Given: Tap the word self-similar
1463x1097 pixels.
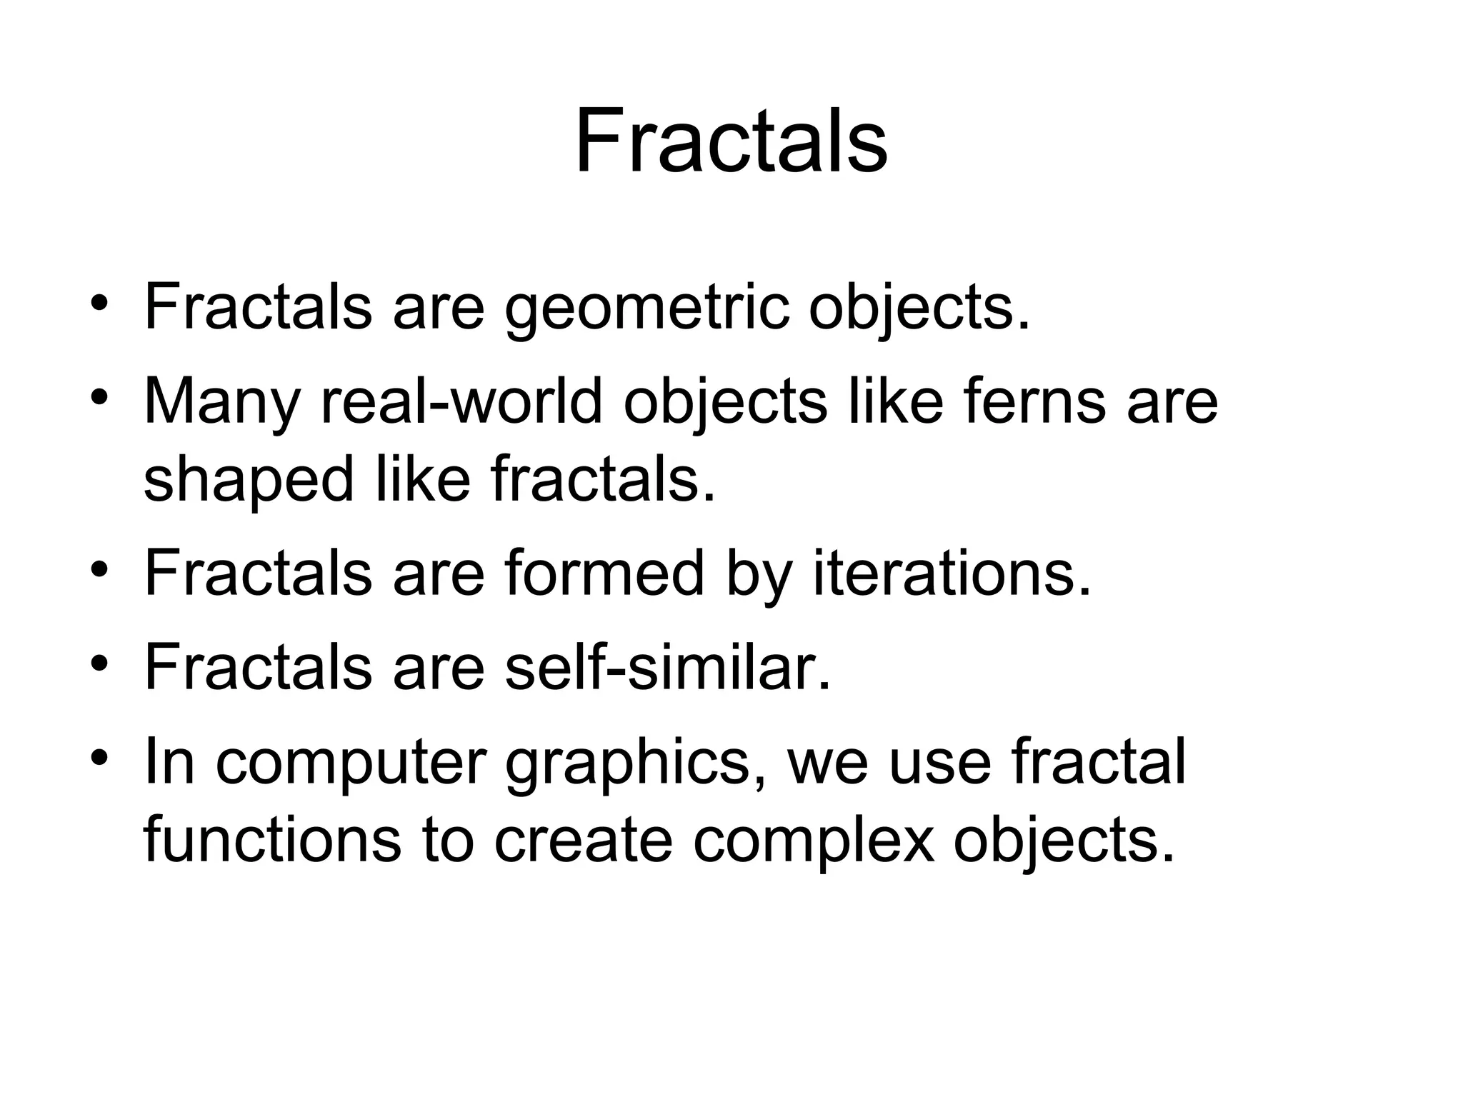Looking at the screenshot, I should coord(668,667).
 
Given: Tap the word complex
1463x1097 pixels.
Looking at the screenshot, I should coord(814,840).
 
